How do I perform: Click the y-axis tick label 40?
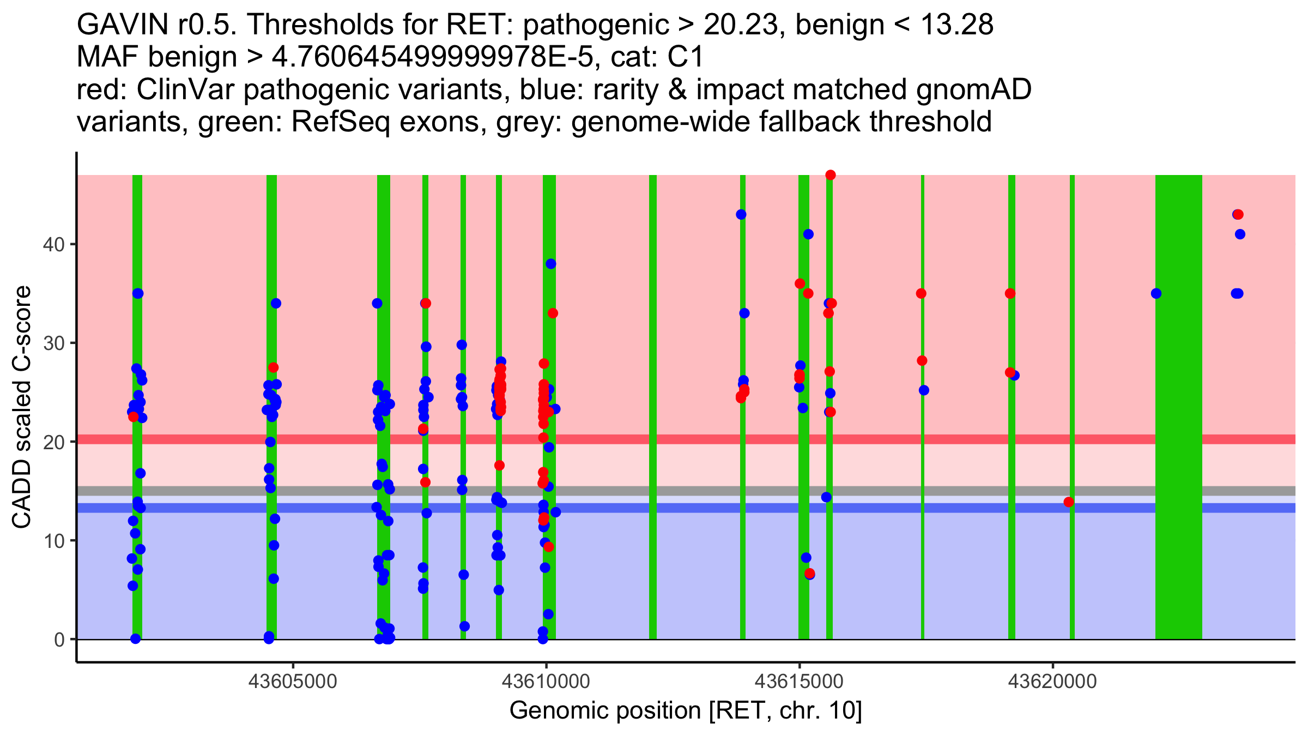53,244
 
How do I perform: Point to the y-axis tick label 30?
53,343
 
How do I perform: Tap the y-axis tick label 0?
59,640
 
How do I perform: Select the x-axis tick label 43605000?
293,681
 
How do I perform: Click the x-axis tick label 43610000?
546,681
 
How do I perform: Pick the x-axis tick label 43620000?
1052,681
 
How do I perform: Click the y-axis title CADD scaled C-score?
22,407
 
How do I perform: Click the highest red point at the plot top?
831,175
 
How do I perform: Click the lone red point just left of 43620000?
1069,502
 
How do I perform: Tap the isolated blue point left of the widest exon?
1156,294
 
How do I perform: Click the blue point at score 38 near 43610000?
551,264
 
